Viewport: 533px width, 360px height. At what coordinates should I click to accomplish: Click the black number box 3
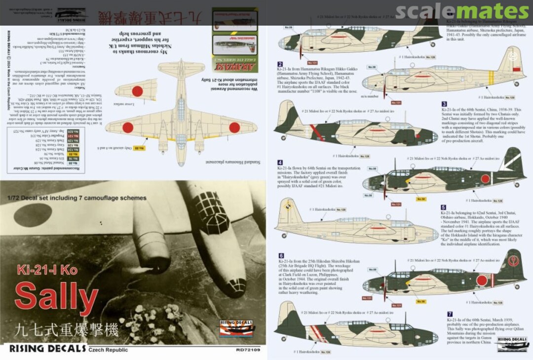tap(444, 104)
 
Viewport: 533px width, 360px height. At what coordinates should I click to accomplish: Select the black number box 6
tap(280, 255)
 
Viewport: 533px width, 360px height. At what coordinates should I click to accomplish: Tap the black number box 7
tap(449, 314)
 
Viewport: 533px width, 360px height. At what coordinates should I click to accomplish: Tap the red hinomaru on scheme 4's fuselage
tap(485, 179)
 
